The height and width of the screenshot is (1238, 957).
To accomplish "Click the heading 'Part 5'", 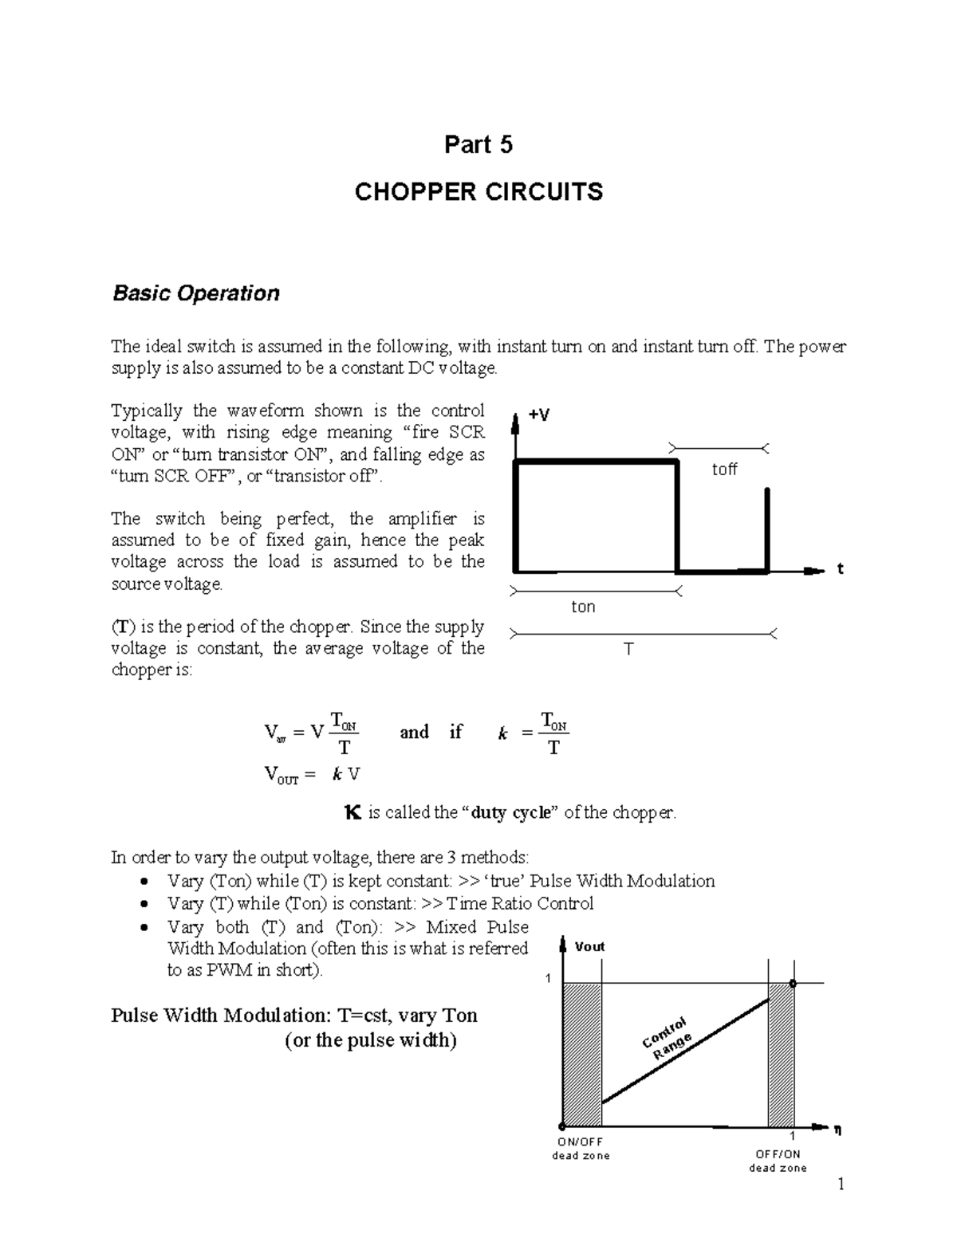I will click(478, 144).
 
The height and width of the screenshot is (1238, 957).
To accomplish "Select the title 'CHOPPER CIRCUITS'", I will click(478, 192).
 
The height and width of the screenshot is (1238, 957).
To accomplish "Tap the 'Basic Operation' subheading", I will click(195, 293).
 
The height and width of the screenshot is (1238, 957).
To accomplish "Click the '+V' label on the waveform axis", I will click(540, 415).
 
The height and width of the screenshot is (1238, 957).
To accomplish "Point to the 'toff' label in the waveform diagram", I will click(724, 470).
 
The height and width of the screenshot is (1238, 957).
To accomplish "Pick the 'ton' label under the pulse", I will click(583, 607).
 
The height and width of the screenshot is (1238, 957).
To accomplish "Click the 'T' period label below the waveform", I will click(628, 649).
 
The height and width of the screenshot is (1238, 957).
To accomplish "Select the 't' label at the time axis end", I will click(840, 569).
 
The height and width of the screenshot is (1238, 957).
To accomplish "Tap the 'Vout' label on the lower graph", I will click(589, 946).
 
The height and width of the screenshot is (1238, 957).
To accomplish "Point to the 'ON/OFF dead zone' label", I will click(581, 1149).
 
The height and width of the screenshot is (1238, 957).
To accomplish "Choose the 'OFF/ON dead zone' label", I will click(778, 1161).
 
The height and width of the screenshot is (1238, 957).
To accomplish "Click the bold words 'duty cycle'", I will click(511, 813).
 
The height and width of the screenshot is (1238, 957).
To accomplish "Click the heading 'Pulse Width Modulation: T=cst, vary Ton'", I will click(293, 1016).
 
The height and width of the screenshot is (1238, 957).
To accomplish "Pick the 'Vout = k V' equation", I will click(312, 774).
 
